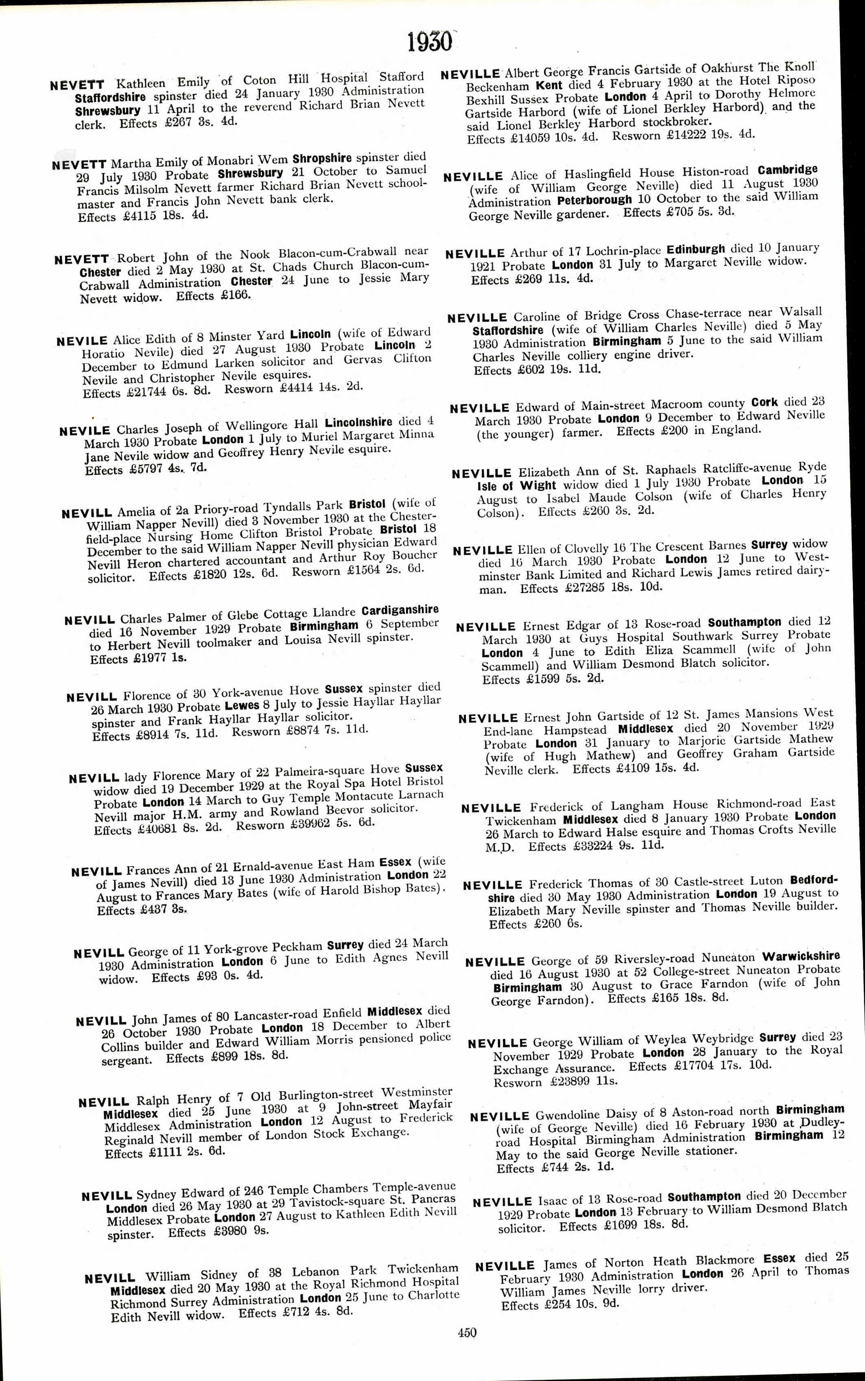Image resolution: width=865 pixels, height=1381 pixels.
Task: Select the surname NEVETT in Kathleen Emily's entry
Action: tap(77, 85)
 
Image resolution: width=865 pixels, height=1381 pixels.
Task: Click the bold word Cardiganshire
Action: tap(400, 610)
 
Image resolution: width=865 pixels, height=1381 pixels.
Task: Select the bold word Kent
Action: tap(549, 85)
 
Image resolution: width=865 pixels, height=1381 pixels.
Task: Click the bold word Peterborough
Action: tap(594, 200)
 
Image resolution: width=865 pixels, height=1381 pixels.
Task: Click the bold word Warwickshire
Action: tap(801, 957)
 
